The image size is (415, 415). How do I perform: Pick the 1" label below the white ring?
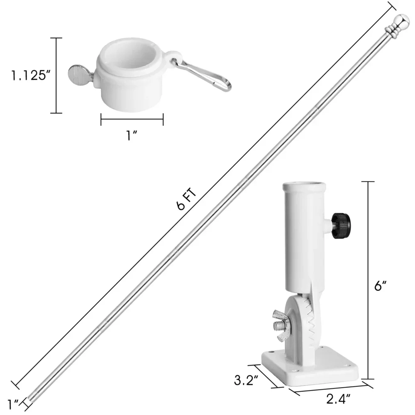132,136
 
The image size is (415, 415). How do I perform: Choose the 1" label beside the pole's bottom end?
14,403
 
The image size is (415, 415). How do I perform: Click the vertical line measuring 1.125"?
56,75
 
